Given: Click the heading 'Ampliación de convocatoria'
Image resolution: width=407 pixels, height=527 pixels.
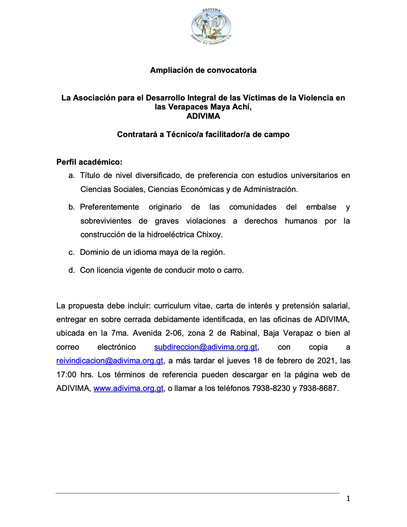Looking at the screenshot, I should pos(203,70).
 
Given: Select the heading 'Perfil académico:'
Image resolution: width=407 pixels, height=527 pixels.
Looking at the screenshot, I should pos(89,162).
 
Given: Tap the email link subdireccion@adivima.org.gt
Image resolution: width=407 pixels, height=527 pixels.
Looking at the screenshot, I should pos(205,347).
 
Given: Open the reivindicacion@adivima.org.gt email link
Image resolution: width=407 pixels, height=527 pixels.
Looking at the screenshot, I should pos(110,361).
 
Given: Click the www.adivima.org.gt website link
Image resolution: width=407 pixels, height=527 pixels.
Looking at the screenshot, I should pos(128,388).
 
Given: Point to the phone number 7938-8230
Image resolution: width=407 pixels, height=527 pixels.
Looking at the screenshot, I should pos(271,388).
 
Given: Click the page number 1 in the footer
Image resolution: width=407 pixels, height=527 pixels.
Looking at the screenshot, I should pos(348,498).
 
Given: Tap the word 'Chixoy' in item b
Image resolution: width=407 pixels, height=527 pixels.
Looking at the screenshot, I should pos(209,235).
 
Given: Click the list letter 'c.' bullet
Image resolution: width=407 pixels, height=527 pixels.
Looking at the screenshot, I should pos(71,252).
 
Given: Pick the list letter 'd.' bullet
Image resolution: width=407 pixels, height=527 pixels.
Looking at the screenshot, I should pos(71,270).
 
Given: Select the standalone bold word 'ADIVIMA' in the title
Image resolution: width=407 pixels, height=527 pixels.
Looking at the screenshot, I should pos(203,116).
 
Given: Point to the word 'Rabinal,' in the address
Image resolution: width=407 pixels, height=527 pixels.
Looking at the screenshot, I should pos(244,333).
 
